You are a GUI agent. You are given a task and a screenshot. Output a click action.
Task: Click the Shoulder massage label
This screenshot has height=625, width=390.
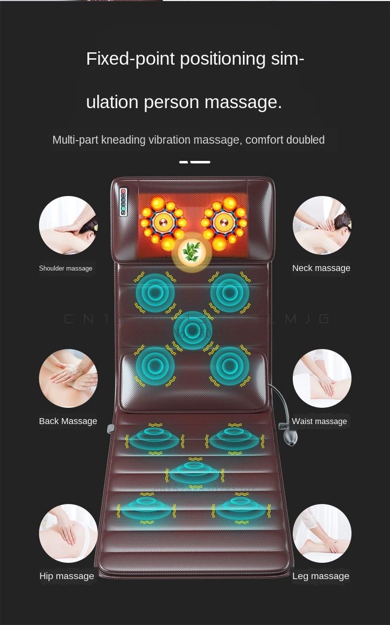(66, 268)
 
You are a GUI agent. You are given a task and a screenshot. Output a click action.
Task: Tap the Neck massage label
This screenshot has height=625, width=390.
(321, 268)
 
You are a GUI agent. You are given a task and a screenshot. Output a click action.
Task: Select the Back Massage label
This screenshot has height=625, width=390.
(68, 421)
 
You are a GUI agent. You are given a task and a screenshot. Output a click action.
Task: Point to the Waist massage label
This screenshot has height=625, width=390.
(319, 421)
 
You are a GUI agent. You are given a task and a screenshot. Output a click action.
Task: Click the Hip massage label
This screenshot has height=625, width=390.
(67, 576)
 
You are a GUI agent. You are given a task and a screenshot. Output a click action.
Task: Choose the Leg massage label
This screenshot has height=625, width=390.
(321, 576)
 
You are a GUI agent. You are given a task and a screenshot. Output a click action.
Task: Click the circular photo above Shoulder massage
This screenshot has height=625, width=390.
(68, 225)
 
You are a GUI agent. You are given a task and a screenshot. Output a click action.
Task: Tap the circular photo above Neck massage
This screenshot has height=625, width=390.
(322, 225)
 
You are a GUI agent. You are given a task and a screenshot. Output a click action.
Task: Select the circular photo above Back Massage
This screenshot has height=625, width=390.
(68, 378)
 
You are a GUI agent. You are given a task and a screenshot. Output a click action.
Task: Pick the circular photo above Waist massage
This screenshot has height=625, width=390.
(322, 378)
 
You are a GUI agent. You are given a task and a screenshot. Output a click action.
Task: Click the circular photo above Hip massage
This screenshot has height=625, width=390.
(68, 533)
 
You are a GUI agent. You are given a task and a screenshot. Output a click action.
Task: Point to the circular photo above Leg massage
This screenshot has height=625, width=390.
(322, 533)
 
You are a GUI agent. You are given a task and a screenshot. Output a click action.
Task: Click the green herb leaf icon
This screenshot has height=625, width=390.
(192, 252)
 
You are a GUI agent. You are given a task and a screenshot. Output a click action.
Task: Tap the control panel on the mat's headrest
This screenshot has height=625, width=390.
(123, 202)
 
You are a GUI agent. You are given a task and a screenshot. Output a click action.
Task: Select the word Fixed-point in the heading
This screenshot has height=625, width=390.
(130, 59)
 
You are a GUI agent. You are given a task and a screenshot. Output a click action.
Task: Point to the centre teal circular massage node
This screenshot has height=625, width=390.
(193, 330)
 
